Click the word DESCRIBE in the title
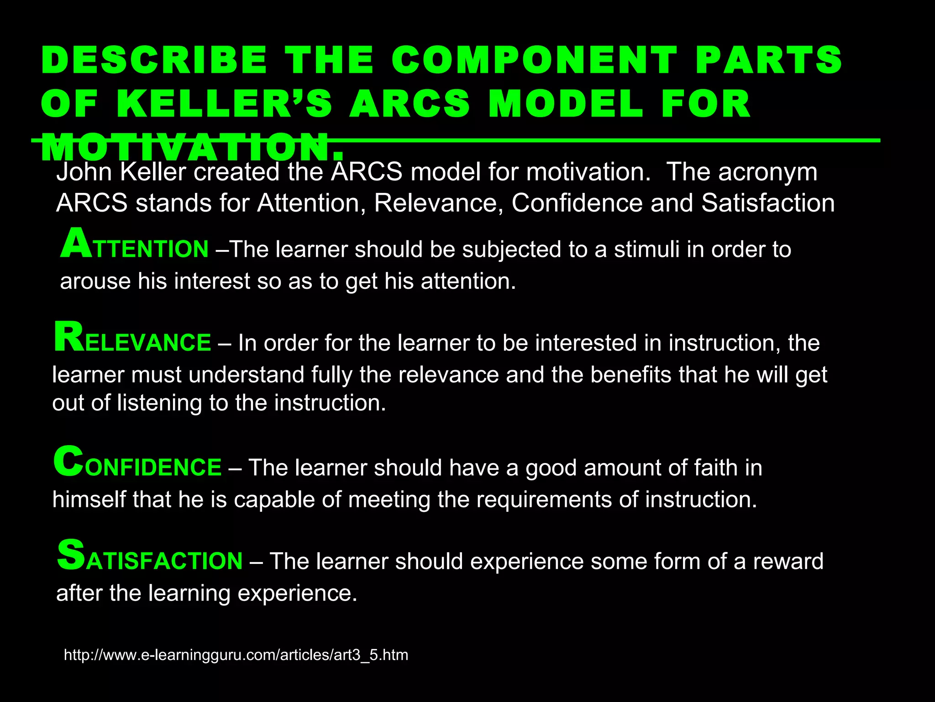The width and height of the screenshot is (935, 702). [x=154, y=60]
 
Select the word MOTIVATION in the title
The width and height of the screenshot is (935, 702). [x=192, y=148]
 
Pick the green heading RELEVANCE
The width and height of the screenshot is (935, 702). [x=132, y=340]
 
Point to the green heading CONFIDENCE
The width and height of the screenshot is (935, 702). [x=137, y=464]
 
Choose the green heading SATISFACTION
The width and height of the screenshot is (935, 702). [x=150, y=558]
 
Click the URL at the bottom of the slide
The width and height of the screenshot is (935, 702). [x=236, y=655]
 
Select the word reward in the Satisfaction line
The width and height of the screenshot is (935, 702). [x=788, y=562]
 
